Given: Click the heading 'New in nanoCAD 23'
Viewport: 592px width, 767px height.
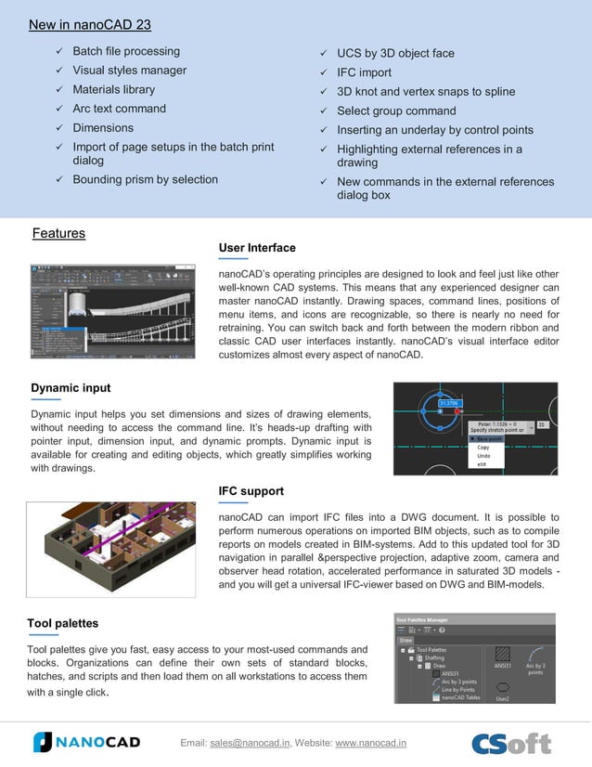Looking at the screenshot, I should tap(90, 24).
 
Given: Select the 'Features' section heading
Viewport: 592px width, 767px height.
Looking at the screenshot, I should tap(58, 233).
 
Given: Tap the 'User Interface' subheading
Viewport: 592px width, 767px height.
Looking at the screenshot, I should tap(257, 248).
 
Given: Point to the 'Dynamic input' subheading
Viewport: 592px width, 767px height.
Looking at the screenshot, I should tap(71, 388).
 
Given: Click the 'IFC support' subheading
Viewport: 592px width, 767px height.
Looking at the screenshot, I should tap(251, 490).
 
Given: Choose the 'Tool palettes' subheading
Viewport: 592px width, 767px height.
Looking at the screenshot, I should tap(63, 622).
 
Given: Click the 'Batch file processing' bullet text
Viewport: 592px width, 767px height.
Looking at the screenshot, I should tap(126, 51).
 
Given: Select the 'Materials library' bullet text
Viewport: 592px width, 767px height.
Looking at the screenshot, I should tap(114, 89).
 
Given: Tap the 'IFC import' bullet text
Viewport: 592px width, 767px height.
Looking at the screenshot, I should tap(364, 72).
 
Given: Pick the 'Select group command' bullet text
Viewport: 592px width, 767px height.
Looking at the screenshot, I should tap(396, 110).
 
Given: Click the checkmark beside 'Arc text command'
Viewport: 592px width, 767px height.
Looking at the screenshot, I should tap(59, 109).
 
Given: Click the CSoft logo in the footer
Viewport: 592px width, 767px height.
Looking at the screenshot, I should tap(511, 743).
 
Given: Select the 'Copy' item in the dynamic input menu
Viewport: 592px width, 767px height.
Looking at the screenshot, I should tap(483, 447).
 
